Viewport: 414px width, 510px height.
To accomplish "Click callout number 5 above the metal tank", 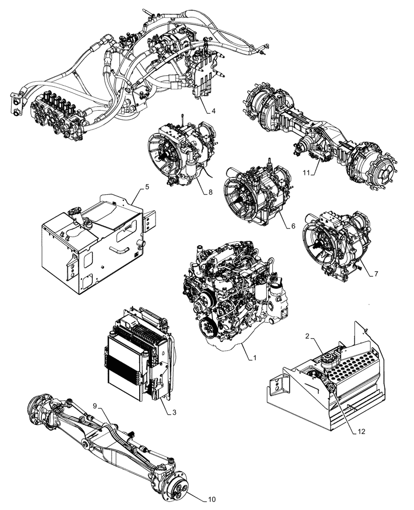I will [147, 187].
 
